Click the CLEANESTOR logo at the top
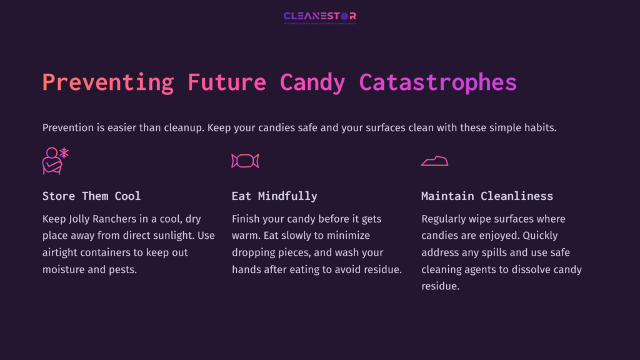319,17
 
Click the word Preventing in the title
108,82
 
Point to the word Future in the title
227,82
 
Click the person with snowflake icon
55,161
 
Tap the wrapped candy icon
245,161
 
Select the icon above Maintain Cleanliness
434,161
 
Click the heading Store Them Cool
91,196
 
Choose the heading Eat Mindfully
274,196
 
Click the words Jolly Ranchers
100,219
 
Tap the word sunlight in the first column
175,236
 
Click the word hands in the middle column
246,270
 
